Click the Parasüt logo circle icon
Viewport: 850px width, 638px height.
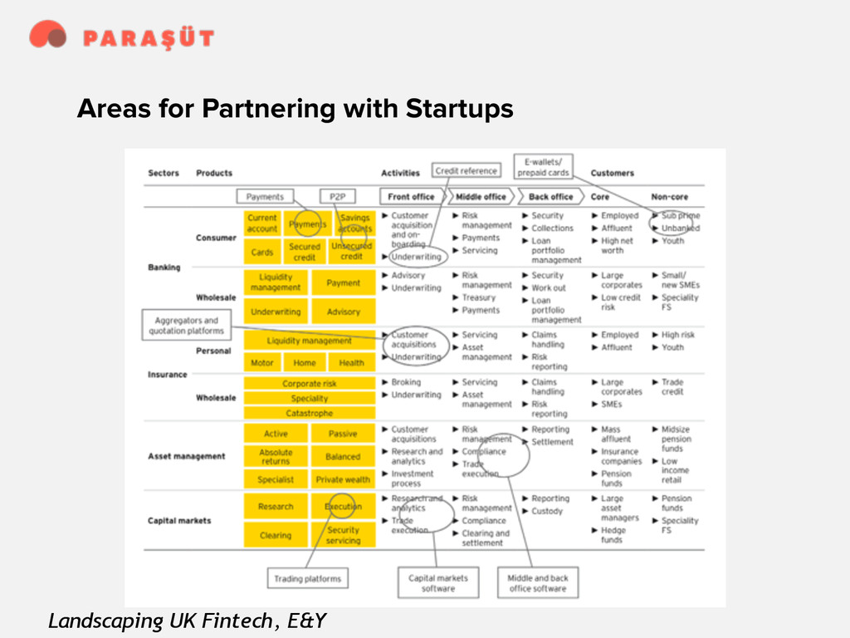[x=47, y=35]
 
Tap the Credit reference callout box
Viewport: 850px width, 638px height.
[x=467, y=171]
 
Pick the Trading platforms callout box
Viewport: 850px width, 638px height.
[x=307, y=578]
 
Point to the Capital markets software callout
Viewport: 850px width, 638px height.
[x=438, y=582]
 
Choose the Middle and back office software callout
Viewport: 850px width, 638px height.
[x=538, y=582]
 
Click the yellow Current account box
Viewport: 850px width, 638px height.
[x=262, y=223]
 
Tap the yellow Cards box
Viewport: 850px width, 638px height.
[x=262, y=252]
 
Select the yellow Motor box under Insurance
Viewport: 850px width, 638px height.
[x=262, y=363]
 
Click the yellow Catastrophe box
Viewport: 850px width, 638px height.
[x=310, y=413]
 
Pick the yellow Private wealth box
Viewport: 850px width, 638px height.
[x=343, y=479]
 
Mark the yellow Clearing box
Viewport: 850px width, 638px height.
[x=276, y=536]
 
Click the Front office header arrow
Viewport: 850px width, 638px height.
[x=412, y=197]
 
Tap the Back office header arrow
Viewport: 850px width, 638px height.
[x=551, y=197]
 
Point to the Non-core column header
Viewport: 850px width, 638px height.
[x=670, y=197]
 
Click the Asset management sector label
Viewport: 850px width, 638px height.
[x=186, y=456]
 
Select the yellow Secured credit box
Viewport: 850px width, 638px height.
[x=305, y=252]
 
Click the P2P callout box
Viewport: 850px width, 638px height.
[x=337, y=197]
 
